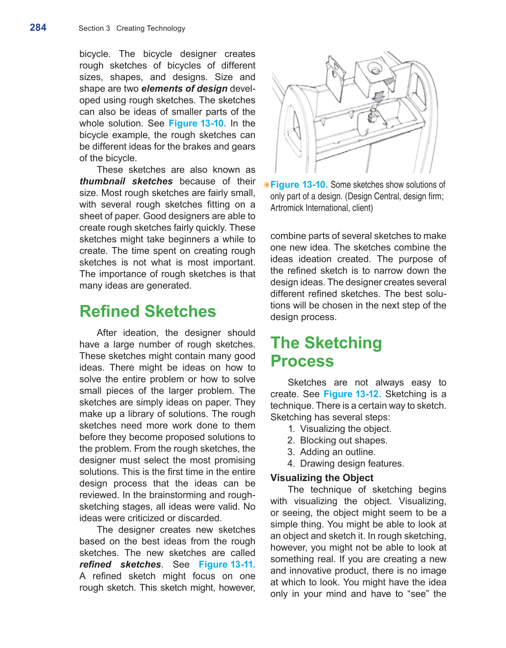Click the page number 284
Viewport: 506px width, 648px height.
point(38,28)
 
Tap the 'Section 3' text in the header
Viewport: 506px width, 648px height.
point(94,28)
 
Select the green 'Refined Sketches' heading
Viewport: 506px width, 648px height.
point(148,312)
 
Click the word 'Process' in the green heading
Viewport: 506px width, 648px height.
point(302,361)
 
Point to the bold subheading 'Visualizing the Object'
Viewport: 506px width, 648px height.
point(322,478)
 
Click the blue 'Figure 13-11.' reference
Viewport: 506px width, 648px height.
point(227,564)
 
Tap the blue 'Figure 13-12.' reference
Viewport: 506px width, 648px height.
point(352,394)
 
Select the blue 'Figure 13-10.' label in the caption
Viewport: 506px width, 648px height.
point(299,185)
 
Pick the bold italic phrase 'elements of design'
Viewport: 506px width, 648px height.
point(184,89)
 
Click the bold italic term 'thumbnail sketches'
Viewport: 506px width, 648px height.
point(126,181)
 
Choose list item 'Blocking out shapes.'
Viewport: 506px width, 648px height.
point(344,440)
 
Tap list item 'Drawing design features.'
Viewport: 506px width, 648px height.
point(352,464)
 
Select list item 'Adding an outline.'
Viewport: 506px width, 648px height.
point(337,452)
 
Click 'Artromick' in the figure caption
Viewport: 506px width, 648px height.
point(287,208)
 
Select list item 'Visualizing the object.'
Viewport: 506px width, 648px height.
point(345,429)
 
